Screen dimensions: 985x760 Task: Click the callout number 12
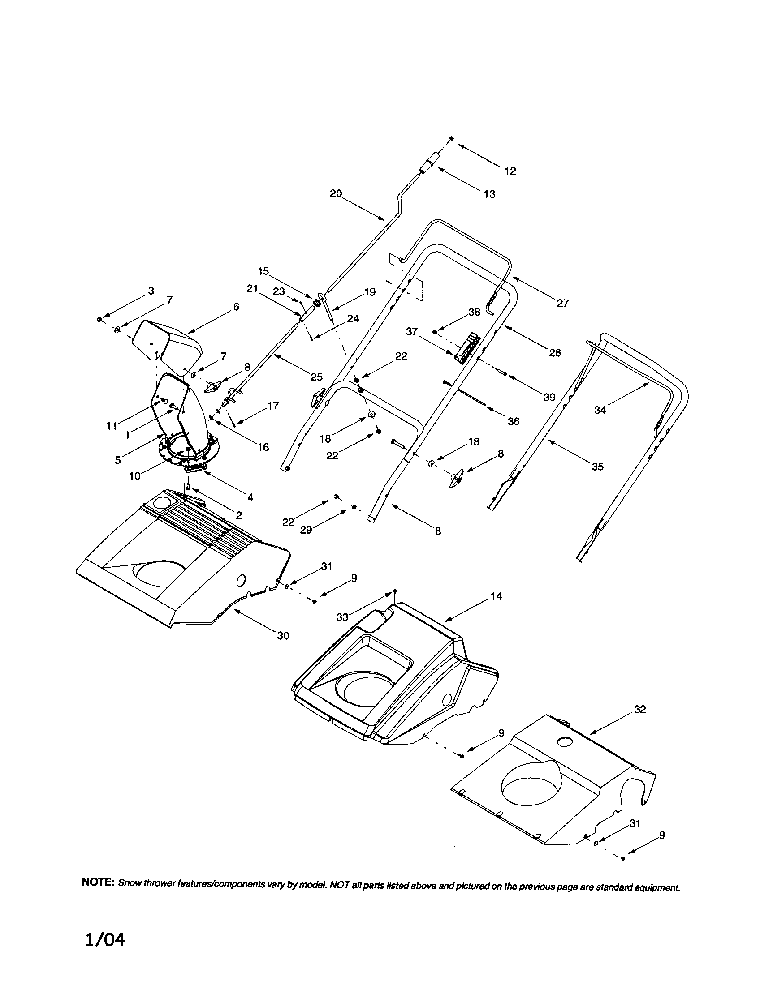pyautogui.click(x=510, y=171)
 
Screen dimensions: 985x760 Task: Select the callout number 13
pyautogui.click(x=489, y=194)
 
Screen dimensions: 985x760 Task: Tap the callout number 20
pyautogui.click(x=336, y=193)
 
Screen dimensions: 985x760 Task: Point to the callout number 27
pyautogui.click(x=562, y=304)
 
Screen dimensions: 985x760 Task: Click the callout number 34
pyautogui.click(x=600, y=411)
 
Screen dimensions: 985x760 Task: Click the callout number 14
pyautogui.click(x=496, y=597)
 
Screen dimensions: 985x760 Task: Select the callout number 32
pyautogui.click(x=640, y=710)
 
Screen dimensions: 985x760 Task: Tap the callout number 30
pyautogui.click(x=282, y=636)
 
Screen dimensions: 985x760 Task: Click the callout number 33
pyautogui.click(x=342, y=617)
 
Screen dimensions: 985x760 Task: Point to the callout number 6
pyautogui.click(x=236, y=307)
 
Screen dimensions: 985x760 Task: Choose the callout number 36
pyautogui.click(x=514, y=422)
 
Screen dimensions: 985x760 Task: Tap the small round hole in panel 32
pyautogui.click(x=564, y=741)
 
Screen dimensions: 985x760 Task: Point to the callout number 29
pyautogui.click(x=306, y=531)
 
